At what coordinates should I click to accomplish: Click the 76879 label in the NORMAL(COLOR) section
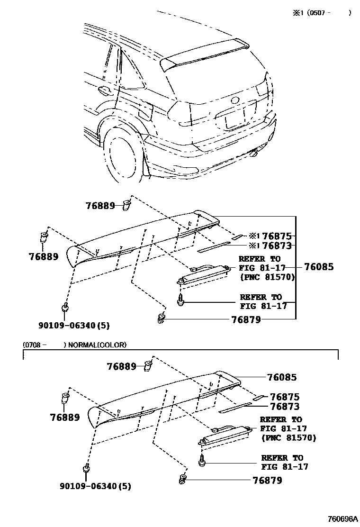(x=267, y=481)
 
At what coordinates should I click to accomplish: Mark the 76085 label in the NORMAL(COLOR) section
(x=282, y=378)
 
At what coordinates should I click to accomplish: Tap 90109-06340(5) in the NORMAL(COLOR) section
(x=96, y=486)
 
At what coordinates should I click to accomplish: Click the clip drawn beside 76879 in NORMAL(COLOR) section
(x=182, y=480)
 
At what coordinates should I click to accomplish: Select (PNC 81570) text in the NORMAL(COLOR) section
(x=288, y=438)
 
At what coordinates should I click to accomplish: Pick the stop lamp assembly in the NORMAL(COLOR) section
(x=225, y=436)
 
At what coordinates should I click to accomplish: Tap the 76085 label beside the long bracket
(x=319, y=267)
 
